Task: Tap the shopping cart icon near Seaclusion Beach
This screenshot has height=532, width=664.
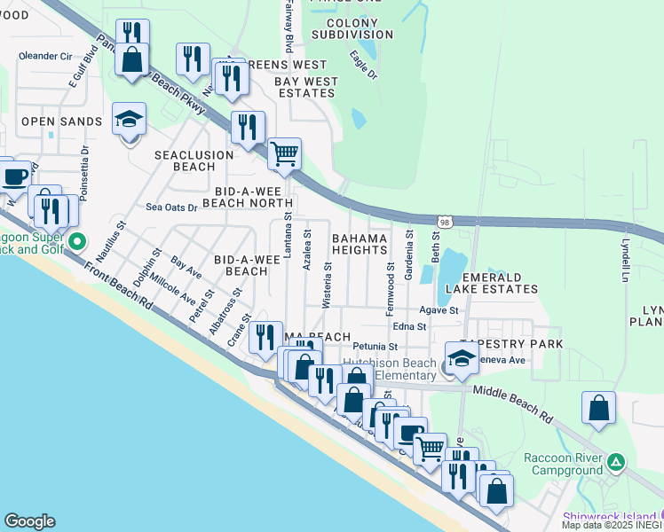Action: coord(284,154)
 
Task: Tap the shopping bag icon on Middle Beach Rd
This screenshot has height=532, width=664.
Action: coord(599,410)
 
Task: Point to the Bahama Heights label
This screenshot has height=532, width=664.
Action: coord(360,245)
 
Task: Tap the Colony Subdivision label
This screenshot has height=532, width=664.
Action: coord(352,28)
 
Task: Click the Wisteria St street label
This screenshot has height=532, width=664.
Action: coord(327,285)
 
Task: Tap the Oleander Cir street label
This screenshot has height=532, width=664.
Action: coord(45,56)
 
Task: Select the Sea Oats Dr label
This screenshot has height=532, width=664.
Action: coord(170,207)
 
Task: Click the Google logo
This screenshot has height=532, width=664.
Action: coord(29,520)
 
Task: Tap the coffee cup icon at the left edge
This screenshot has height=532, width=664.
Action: coord(13,175)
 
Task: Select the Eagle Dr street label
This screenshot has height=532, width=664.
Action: coord(363,65)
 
